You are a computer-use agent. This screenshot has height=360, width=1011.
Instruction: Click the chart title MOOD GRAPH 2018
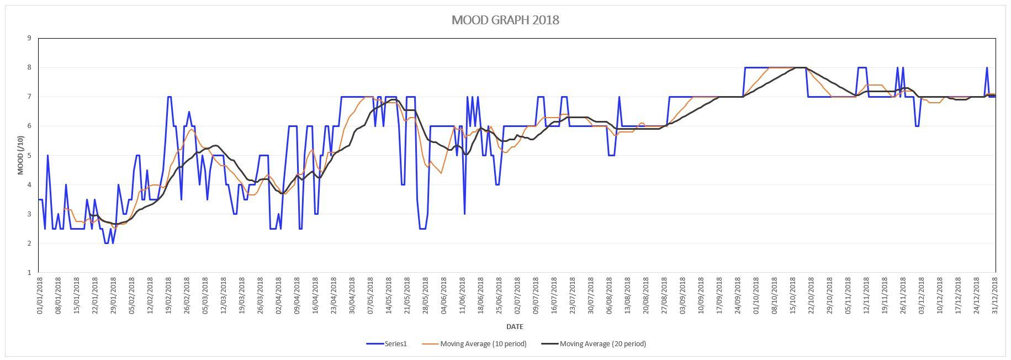505,20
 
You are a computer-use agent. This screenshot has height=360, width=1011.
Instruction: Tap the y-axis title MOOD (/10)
21,155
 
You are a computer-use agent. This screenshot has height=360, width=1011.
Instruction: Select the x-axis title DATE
515,326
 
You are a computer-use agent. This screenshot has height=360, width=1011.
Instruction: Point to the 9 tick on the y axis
29,38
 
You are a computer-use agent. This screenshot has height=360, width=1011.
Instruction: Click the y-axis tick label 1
29,273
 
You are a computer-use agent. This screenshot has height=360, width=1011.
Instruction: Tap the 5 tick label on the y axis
29,156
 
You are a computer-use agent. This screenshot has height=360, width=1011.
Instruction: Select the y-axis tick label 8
29,67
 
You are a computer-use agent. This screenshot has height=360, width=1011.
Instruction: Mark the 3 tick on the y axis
29,214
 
